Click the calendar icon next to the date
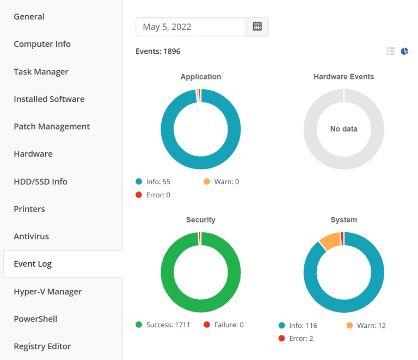(257, 27)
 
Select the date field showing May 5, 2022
(190, 27)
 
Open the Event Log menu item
(33, 264)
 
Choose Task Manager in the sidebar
(41, 72)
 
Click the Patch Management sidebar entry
(52, 126)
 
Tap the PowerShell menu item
(35, 319)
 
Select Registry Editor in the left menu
(42, 346)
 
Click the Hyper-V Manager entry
(48, 291)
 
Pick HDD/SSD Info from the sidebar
(40, 182)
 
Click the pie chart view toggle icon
(404, 51)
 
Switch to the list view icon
(390, 51)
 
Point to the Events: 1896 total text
(158, 52)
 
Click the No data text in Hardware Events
(343, 129)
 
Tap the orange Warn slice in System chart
(330, 241)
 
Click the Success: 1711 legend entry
(163, 325)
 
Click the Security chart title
(201, 220)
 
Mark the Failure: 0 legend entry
(224, 325)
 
